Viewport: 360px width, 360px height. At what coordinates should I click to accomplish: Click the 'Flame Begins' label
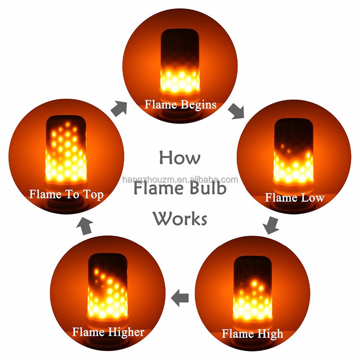[x=180, y=104]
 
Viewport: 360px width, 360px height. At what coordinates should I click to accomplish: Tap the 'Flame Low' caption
[x=294, y=198]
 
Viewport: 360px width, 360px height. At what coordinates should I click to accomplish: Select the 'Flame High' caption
[x=252, y=333]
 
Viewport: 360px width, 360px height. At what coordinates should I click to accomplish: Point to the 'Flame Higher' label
[x=108, y=332]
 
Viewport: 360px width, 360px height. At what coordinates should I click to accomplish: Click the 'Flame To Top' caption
[x=66, y=194]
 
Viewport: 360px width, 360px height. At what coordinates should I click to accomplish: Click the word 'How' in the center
[x=180, y=157]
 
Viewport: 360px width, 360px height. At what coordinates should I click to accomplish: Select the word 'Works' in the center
[x=180, y=219]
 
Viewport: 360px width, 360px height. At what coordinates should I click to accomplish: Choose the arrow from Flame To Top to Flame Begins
[x=120, y=108]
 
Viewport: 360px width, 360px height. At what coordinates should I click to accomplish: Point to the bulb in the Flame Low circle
[x=293, y=153]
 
